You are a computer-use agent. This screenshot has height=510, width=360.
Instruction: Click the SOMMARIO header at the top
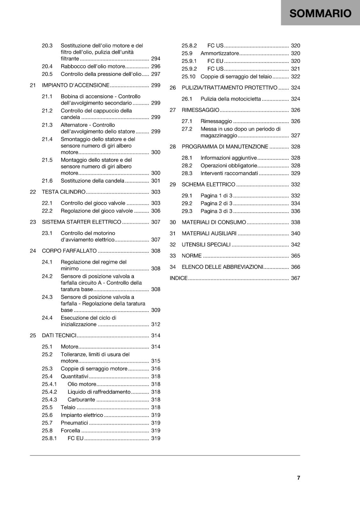click(x=320, y=13)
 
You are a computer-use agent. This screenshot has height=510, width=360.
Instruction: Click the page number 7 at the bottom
click(x=299, y=477)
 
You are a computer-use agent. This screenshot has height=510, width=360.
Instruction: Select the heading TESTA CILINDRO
click(x=64, y=192)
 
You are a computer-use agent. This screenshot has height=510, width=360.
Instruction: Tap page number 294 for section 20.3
click(x=156, y=59)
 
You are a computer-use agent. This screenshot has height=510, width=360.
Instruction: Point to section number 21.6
click(x=47, y=181)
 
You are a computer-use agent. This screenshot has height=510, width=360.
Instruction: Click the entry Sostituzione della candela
click(x=92, y=181)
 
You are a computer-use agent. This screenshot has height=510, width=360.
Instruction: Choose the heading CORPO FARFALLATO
click(x=69, y=251)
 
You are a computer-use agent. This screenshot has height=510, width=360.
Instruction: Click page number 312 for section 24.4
click(x=156, y=324)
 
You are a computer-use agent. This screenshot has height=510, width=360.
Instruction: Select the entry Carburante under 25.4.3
click(x=81, y=399)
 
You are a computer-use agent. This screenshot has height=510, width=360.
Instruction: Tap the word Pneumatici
click(x=74, y=423)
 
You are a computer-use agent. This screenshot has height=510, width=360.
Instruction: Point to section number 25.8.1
click(x=49, y=438)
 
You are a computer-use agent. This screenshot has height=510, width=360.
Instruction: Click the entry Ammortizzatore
click(x=220, y=53)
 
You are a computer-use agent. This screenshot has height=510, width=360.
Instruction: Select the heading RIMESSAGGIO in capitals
click(x=200, y=110)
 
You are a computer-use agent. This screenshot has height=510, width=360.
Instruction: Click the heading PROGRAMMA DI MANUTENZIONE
click(x=225, y=147)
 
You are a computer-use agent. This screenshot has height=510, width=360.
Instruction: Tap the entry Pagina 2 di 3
click(x=216, y=203)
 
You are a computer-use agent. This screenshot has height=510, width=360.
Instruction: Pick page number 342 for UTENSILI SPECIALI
click(x=295, y=244)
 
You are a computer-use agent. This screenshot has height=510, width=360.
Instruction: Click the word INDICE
click(x=178, y=278)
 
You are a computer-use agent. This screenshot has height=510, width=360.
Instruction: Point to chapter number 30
click(x=173, y=222)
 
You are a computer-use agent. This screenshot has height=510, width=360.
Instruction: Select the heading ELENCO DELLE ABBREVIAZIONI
click(x=222, y=267)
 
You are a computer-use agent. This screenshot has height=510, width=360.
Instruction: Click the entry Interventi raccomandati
click(x=229, y=173)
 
